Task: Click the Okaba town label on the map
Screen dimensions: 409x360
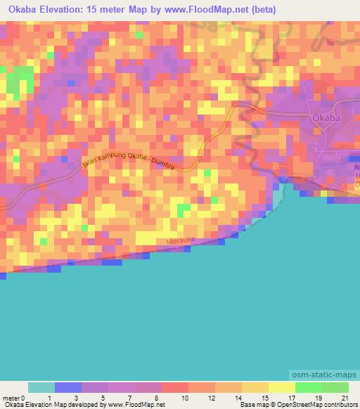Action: (x=326, y=119)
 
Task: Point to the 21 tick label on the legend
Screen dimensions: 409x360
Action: (x=344, y=398)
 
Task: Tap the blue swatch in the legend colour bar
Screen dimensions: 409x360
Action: (x=68, y=387)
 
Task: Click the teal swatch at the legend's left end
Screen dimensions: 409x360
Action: (x=41, y=387)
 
